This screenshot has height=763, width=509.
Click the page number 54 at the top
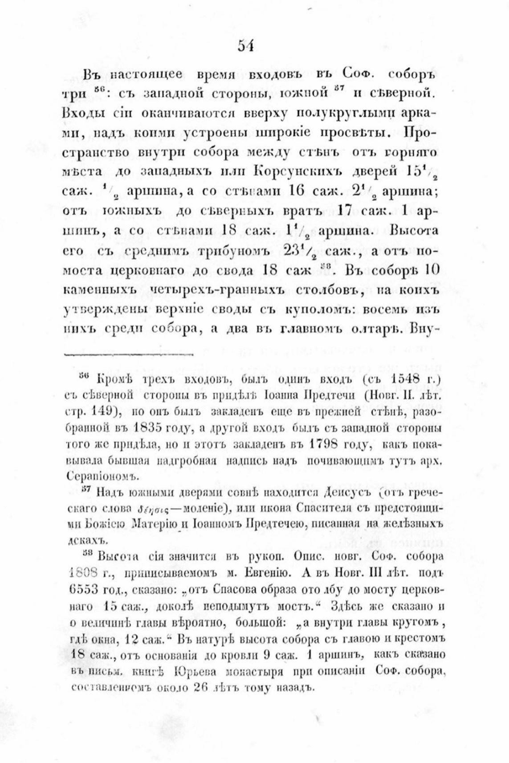click(x=245, y=46)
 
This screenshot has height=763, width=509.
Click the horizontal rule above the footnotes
click(x=130, y=355)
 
